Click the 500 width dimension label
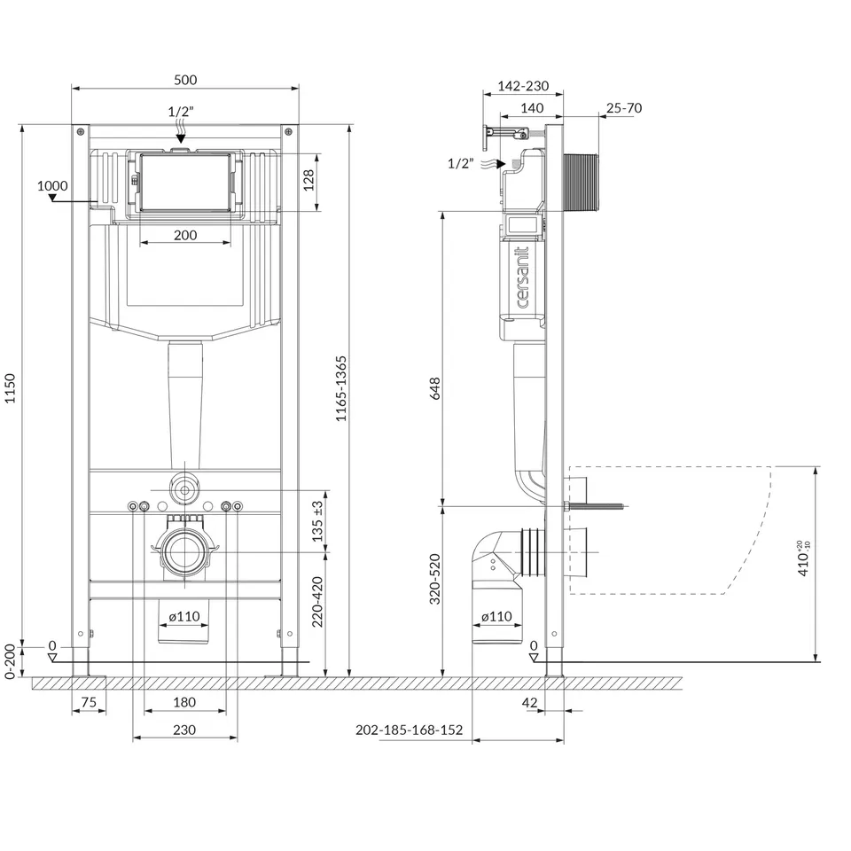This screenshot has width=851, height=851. pos(185,80)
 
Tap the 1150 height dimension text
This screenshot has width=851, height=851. pos(11,388)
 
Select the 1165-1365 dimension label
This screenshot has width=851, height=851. pos(340,388)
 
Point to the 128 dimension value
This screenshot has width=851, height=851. pos(308,180)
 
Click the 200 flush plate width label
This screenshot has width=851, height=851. pos(185,235)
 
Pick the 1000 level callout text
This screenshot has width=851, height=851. pos(52,185)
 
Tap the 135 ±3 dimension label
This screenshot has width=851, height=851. pos(317,521)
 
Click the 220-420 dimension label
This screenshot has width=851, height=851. pos(317,602)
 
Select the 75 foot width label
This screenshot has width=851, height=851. pos(89,702)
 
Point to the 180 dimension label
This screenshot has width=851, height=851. pos(184,702)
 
